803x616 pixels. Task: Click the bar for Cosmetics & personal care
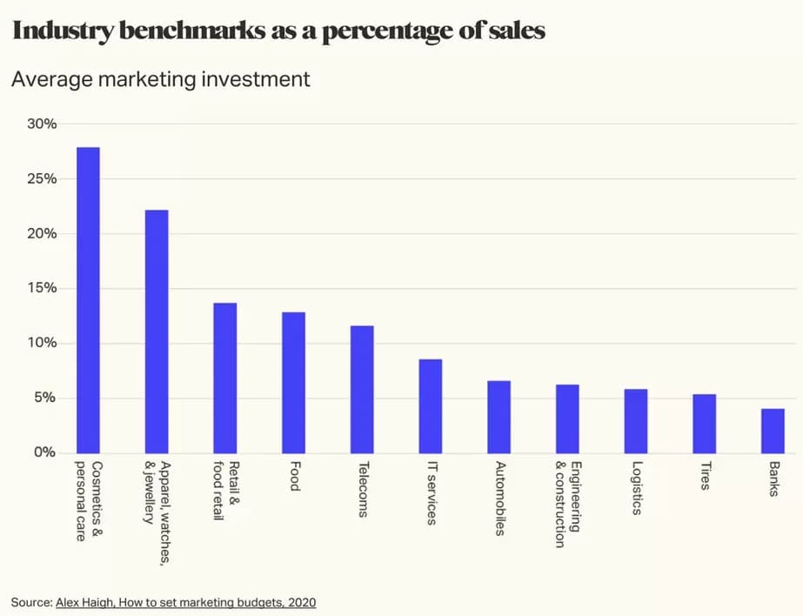pyautogui.click(x=88, y=300)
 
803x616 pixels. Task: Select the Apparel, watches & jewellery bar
pyautogui.click(x=157, y=331)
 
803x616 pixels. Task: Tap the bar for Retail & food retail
pyautogui.click(x=225, y=378)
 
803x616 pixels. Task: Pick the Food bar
pyautogui.click(x=293, y=383)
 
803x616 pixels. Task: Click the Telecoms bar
pyautogui.click(x=362, y=389)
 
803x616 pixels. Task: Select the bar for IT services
pyautogui.click(x=431, y=406)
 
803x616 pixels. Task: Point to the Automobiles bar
pyautogui.click(x=499, y=417)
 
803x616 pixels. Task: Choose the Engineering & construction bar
pyautogui.click(x=567, y=418)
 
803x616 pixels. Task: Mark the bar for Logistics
pyautogui.click(x=636, y=421)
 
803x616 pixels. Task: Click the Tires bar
pyautogui.click(x=704, y=424)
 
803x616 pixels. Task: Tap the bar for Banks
pyautogui.click(x=773, y=431)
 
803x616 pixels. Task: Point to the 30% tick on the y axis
pyautogui.click(x=41, y=124)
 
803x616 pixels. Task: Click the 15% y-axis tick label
pyautogui.click(x=41, y=288)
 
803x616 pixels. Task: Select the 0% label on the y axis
pyautogui.click(x=44, y=452)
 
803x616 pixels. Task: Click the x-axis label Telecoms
pyautogui.click(x=361, y=489)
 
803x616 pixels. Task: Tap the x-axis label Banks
pyautogui.click(x=772, y=479)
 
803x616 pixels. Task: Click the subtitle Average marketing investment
pyautogui.click(x=160, y=79)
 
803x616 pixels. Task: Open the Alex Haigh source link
pyautogui.click(x=185, y=602)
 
